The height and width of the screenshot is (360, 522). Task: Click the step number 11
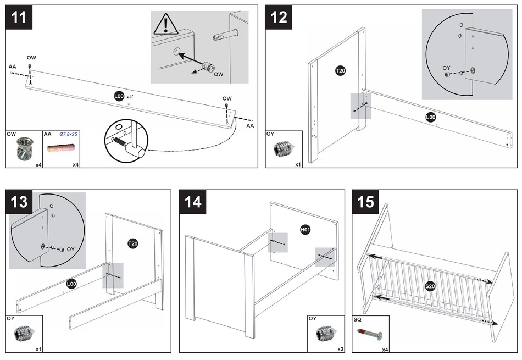19,17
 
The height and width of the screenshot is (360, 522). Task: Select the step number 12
279,17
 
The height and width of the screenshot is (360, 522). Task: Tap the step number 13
19,202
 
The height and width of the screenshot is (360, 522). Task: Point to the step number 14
193,202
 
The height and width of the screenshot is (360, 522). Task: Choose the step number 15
365,202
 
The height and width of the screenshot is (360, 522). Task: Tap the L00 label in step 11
119,96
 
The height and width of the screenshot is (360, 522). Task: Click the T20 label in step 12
340,70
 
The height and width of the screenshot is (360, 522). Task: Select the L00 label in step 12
431,117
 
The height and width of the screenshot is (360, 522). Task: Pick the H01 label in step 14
305,229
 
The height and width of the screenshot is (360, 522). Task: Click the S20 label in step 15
430,286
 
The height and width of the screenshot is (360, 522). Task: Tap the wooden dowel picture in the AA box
60,148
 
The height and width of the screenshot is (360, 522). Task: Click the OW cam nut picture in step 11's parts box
23,147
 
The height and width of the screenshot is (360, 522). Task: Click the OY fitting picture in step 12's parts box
283,148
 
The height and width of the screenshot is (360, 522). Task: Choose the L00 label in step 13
71,284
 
